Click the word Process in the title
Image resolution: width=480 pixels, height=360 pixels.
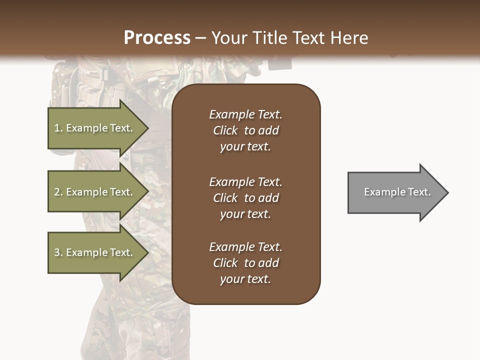(x=157, y=38)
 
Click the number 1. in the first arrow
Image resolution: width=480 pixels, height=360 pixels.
(x=58, y=128)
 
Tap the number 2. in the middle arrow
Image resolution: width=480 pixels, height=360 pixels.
(x=58, y=192)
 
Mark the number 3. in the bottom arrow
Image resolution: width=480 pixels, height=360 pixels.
(x=58, y=252)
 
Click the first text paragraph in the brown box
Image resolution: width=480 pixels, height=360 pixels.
(x=245, y=130)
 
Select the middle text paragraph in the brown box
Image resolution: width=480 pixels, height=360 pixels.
(x=245, y=197)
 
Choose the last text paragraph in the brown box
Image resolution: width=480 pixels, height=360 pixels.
(x=245, y=263)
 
